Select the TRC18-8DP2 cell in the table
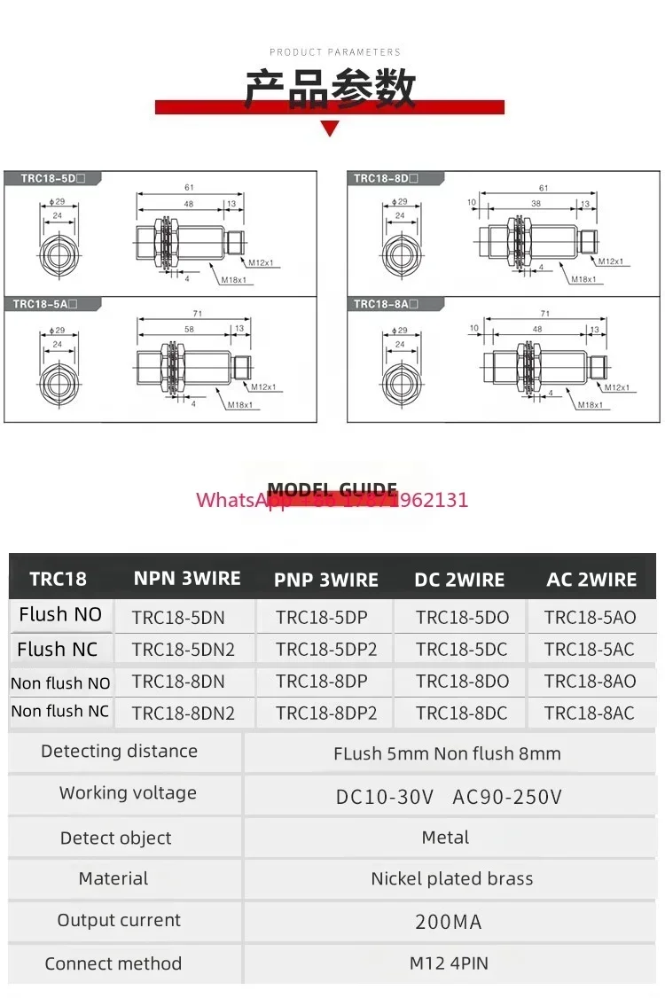(326, 713)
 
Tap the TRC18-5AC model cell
(590, 649)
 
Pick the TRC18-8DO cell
(462, 682)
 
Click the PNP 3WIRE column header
(325, 581)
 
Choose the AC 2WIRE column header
(591, 580)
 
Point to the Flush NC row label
(58, 649)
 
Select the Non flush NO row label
(60, 683)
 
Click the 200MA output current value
(449, 922)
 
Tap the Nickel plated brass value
(452, 879)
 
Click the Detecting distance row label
(119, 752)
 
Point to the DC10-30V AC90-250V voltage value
(449, 797)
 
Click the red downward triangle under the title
(330, 129)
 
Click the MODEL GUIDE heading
(332, 490)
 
